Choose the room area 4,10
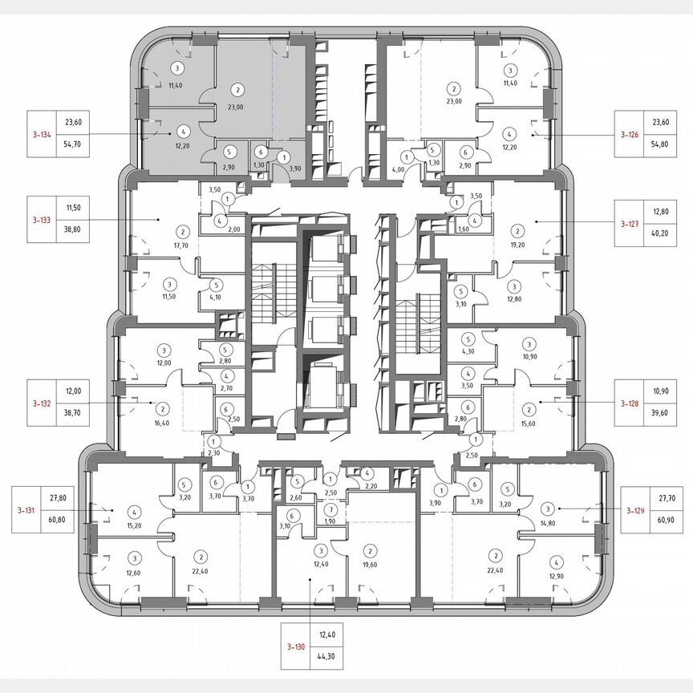[215, 297]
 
